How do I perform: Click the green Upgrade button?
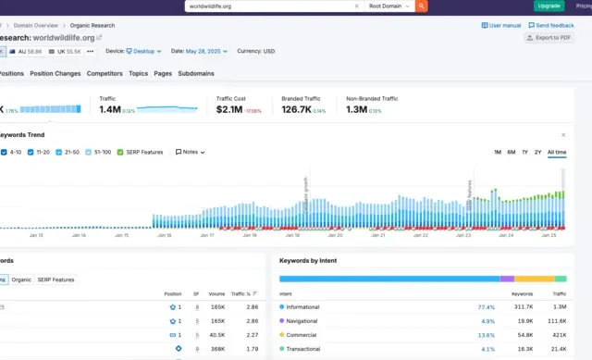pyautogui.click(x=549, y=6)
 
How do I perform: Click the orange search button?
pyautogui.click(x=422, y=6)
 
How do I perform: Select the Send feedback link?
pyautogui.click(x=553, y=26)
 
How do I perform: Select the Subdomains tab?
pyautogui.click(x=197, y=73)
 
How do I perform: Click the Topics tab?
pyautogui.click(x=138, y=73)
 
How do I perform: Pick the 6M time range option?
pyautogui.click(x=511, y=152)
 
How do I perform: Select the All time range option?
pyautogui.click(x=557, y=152)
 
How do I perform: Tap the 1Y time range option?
pyautogui.click(x=524, y=152)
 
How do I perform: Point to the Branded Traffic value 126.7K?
pyautogui.click(x=296, y=109)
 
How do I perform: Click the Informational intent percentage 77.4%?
pyautogui.click(x=487, y=306)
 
